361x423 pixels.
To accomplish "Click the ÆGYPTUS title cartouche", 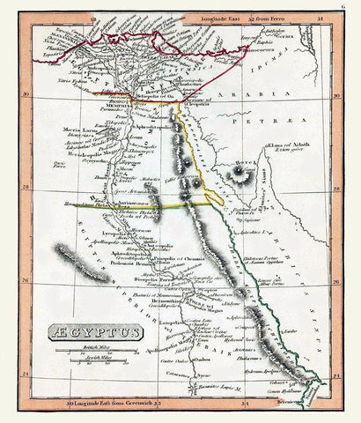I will [x=81, y=332].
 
